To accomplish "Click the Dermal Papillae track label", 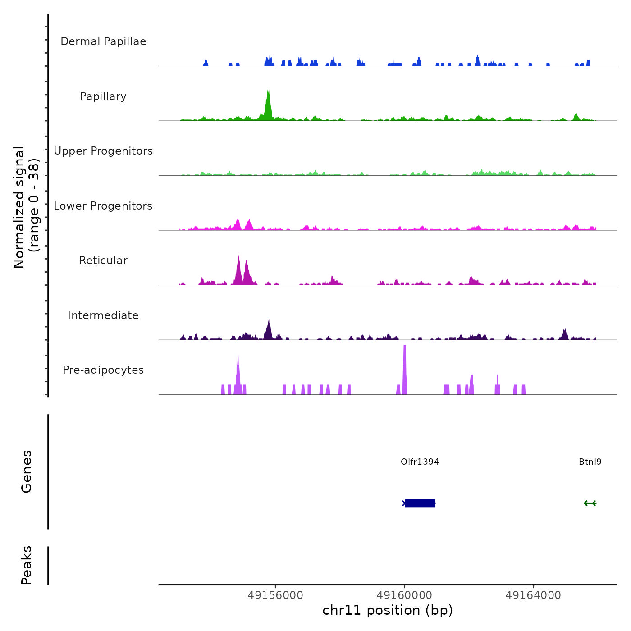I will pyautogui.click(x=103, y=41).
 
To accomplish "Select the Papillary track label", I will pyautogui.click(x=103, y=96).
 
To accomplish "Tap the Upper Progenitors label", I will pyautogui.click(x=103, y=151).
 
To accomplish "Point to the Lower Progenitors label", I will pyautogui.click(x=103, y=206).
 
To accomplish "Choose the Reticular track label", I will pyautogui.click(x=103, y=261).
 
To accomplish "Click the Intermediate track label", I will pyautogui.click(x=103, y=315).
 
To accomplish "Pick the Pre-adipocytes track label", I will pyautogui.click(x=103, y=370).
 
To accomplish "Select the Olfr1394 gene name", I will pyautogui.click(x=420, y=462).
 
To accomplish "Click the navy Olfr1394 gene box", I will pyautogui.click(x=420, y=503).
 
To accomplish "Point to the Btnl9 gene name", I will pyautogui.click(x=590, y=462).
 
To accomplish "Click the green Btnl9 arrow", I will pyautogui.click(x=590, y=503).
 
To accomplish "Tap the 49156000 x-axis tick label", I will pyautogui.click(x=275, y=595).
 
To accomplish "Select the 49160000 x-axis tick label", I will pyautogui.click(x=404, y=595).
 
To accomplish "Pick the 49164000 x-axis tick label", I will pyautogui.click(x=533, y=595).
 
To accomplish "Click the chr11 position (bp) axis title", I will pyautogui.click(x=388, y=610).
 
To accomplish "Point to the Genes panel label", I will pyautogui.click(x=27, y=471).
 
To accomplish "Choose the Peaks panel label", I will pyautogui.click(x=27, y=565).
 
